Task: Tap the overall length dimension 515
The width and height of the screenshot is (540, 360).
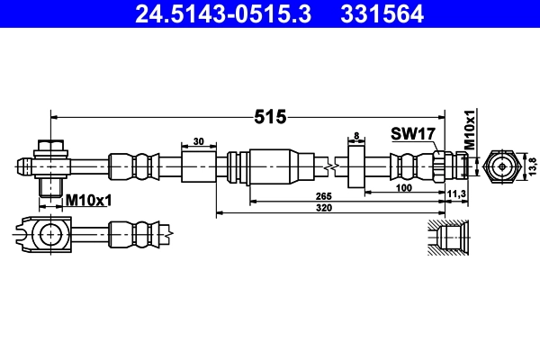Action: click(x=270, y=116)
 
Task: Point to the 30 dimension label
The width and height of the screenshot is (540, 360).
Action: click(x=199, y=140)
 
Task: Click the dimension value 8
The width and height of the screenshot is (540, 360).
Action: click(x=356, y=136)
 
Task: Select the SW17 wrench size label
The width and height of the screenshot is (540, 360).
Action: click(x=413, y=134)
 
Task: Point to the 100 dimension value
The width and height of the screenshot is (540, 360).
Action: click(x=405, y=186)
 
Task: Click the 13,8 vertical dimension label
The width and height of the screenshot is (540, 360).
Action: click(x=532, y=166)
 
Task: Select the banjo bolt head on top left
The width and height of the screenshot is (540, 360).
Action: click(x=51, y=147)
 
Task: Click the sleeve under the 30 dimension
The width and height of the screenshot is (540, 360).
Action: click(x=199, y=166)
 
